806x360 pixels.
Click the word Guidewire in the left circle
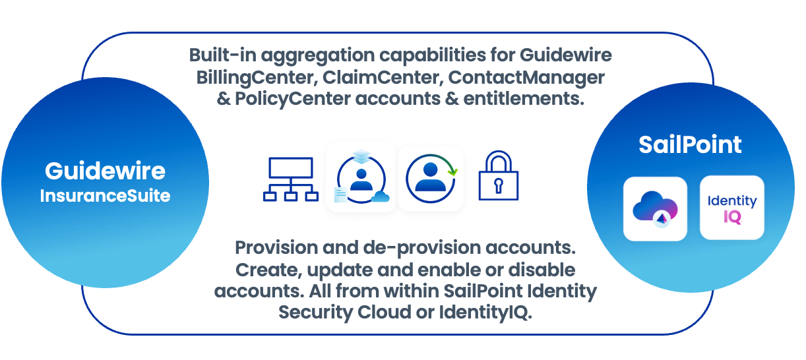pos(105,171)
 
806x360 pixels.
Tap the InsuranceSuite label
pos(105,196)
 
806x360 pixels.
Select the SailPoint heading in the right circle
pos(690,145)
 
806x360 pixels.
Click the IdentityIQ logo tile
pos(731,207)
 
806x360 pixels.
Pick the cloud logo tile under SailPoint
pos(655,208)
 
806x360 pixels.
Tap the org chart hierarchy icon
pos(290,178)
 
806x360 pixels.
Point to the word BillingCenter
pos(255,77)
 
